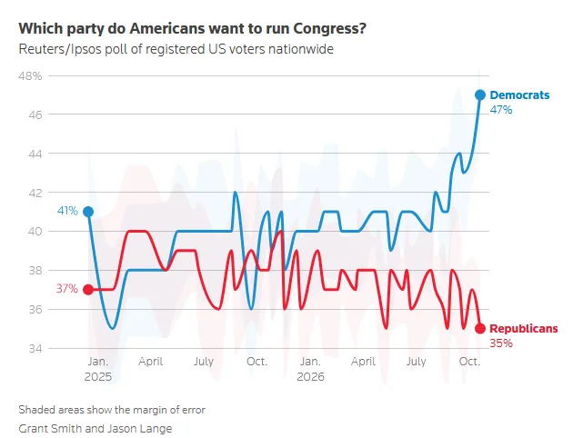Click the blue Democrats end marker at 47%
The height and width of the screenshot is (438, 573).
[x=480, y=95]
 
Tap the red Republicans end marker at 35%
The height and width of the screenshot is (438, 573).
[x=480, y=329]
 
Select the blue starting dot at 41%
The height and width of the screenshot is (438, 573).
[x=88, y=212]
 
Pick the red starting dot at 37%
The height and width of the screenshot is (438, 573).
[x=88, y=290]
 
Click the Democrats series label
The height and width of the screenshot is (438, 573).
[x=519, y=95]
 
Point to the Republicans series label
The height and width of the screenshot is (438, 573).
[x=523, y=329]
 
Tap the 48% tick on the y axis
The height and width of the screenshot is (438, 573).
[x=30, y=76]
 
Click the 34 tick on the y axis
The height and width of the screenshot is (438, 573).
[x=35, y=349]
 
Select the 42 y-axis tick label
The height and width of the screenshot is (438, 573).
[x=35, y=193]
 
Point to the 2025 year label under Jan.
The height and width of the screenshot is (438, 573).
[x=97, y=377]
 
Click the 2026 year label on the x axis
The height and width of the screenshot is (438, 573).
[x=310, y=377]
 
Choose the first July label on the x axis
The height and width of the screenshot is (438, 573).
[x=204, y=362]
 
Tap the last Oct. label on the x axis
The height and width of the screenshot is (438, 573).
[x=469, y=362]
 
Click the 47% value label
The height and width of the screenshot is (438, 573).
[x=500, y=109]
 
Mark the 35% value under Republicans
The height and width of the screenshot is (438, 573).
[x=501, y=343]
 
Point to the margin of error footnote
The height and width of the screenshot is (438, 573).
[x=112, y=410]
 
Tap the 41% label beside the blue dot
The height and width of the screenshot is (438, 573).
[x=67, y=211]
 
